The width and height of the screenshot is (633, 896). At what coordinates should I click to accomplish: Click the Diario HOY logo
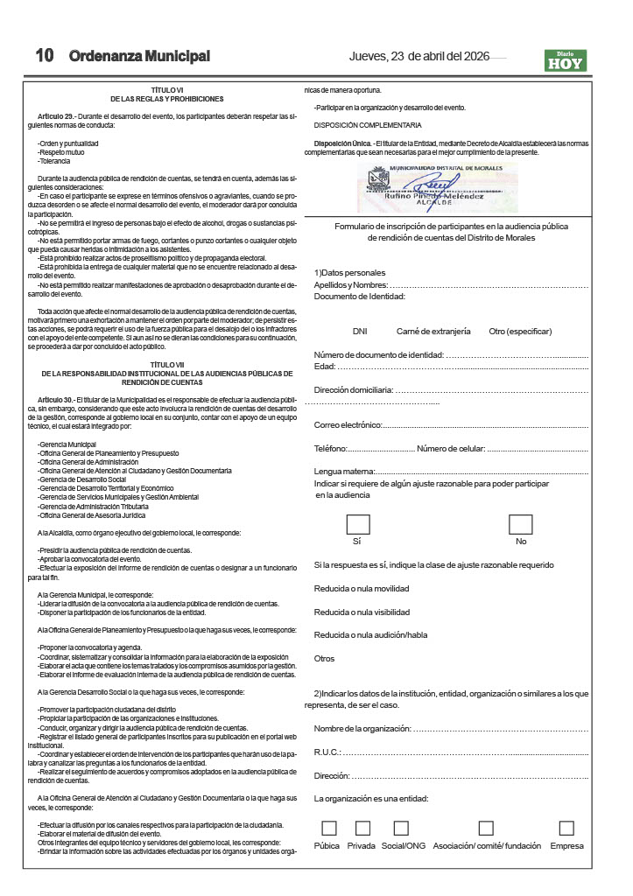tap(565, 59)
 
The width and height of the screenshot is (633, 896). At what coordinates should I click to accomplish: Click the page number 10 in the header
tap(45, 56)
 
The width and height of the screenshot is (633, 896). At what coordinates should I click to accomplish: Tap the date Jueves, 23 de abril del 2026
tap(418, 57)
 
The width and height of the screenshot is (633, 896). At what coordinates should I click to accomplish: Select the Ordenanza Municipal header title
tap(140, 56)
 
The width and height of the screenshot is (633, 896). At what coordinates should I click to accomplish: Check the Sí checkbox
tap(357, 524)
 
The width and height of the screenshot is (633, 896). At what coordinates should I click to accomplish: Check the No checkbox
tap(521, 524)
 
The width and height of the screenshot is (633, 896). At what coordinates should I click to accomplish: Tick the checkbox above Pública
tap(329, 828)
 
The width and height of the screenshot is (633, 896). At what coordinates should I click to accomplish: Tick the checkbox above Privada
tap(362, 828)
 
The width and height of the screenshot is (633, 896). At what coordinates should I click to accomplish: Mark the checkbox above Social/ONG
tap(401, 828)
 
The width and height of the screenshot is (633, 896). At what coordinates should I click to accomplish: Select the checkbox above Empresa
tap(566, 828)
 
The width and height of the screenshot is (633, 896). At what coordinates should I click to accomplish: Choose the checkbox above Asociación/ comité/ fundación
tap(486, 828)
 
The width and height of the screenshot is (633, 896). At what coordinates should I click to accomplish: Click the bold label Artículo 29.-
tap(57, 116)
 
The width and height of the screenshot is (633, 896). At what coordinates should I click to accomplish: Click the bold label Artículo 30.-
tap(57, 399)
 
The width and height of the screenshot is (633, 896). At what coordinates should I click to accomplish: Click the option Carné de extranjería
tap(433, 332)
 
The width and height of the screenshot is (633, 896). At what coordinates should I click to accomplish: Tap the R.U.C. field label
tap(327, 752)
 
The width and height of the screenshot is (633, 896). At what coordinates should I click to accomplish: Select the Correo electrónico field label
tap(348, 425)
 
